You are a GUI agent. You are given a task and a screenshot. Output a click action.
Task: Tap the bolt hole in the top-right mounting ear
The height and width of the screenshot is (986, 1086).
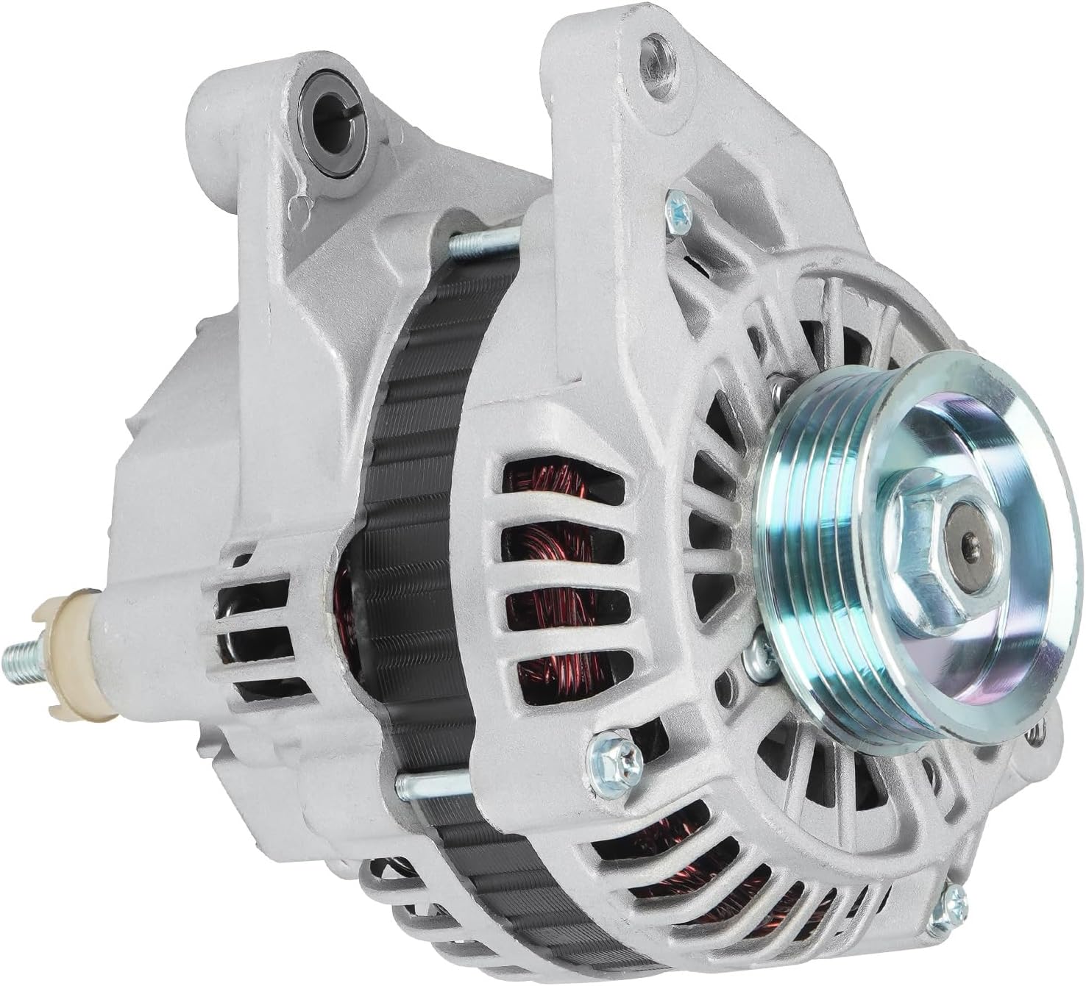tap(654, 53)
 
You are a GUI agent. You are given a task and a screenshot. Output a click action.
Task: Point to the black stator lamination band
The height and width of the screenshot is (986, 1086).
tap(412, 515)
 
